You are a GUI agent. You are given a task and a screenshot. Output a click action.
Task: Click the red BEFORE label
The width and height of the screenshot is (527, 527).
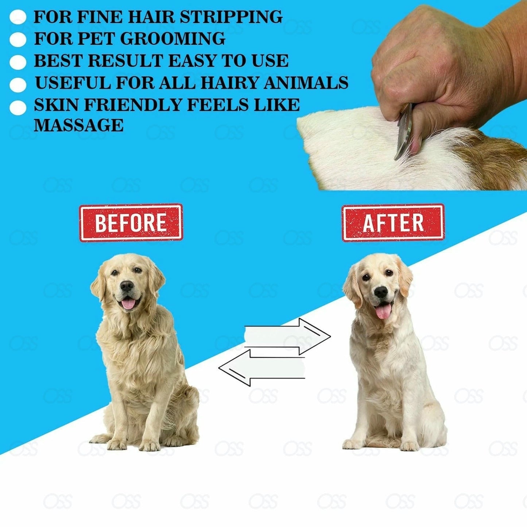[x=131, y=222]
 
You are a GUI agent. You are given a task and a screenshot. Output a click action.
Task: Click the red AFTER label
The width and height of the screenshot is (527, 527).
[x=393, y=222]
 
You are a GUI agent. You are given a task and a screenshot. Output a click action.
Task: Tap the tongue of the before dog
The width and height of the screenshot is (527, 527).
[x=128, y=303]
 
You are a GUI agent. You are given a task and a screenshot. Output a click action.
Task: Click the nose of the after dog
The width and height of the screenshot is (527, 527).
[x=381, y=291]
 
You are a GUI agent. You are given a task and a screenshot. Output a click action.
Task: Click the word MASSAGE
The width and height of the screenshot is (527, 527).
[x=79, y=125]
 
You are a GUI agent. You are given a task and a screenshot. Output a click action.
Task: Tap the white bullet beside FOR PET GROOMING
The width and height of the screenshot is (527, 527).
[x=18, y=39]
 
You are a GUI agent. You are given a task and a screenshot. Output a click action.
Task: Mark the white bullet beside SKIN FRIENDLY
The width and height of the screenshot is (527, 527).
[x=18, y=108]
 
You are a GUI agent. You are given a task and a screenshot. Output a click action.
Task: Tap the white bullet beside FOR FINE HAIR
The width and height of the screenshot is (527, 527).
[x=18, y=18]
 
